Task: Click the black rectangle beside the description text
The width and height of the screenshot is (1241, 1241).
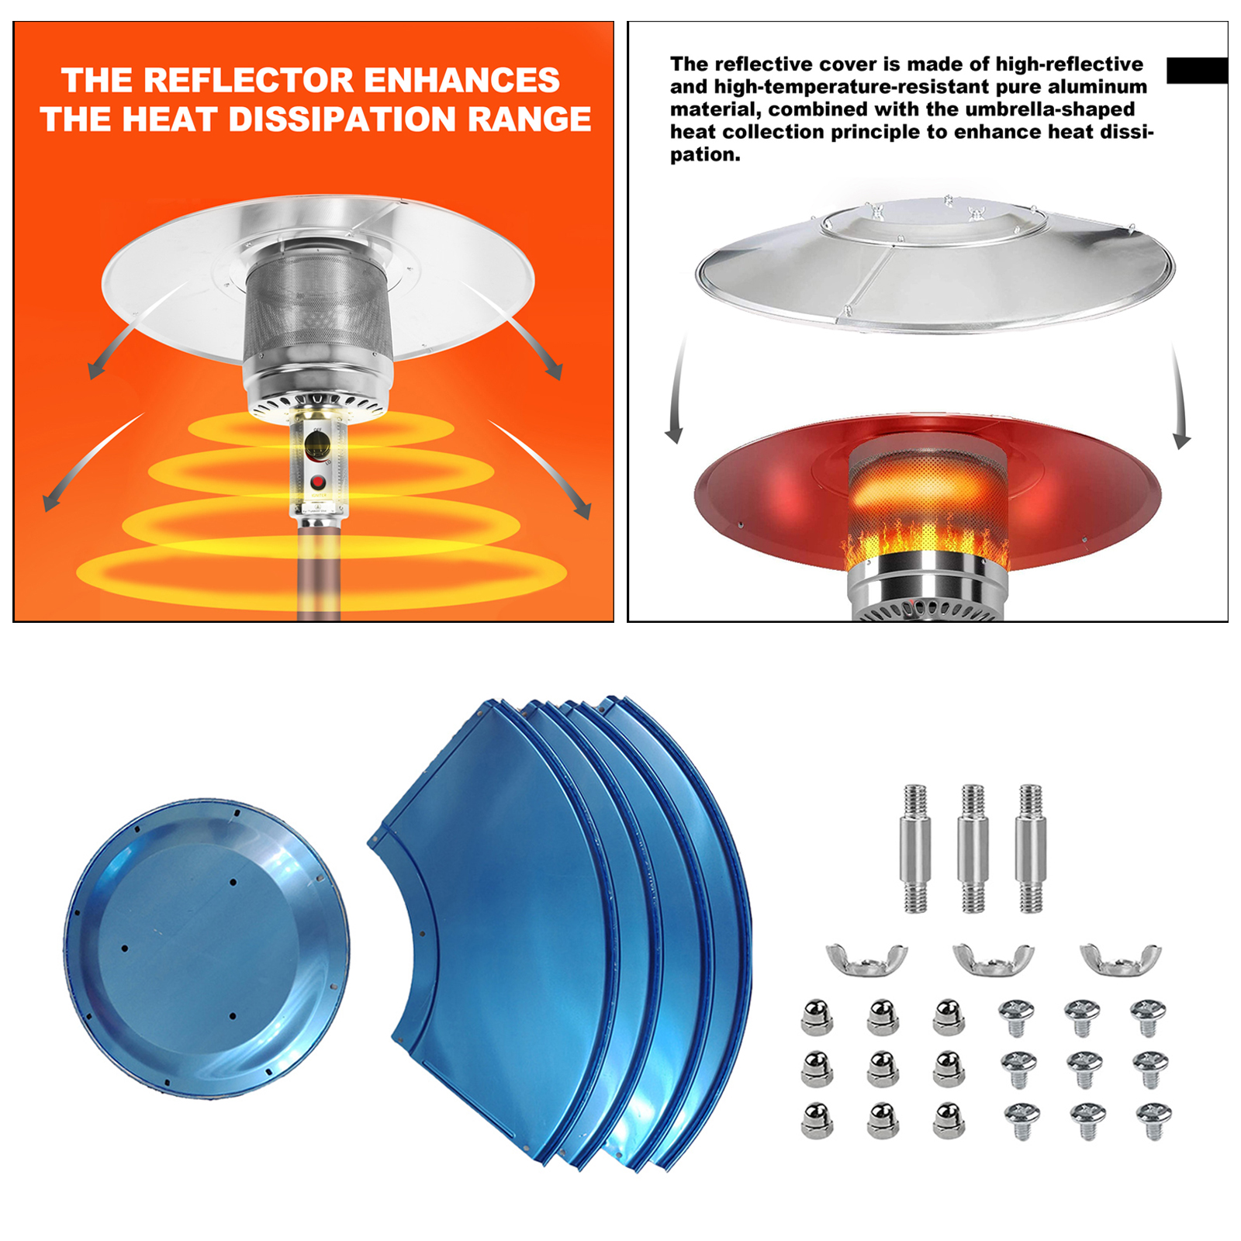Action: pyautogui.click(x=1196, y=70)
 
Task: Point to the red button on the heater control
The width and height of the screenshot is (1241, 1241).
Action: pyautogui.click(x=317, y=482)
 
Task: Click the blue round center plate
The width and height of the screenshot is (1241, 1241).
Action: pyautogui.click(x=206, y=948)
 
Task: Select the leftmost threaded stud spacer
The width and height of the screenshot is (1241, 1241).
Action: pyautogui.click(x=915, y=849)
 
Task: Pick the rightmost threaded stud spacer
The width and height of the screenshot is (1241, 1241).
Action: pyautogui.click(x=1030, y=849)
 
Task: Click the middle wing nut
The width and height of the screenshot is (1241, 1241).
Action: pyautogui.click(x=993, y=960)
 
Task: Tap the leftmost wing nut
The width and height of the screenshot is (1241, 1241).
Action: pyautogui.click(x=866, y=960)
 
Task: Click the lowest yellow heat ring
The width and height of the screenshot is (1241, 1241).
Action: pyautogui.click(x=321, y=572)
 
